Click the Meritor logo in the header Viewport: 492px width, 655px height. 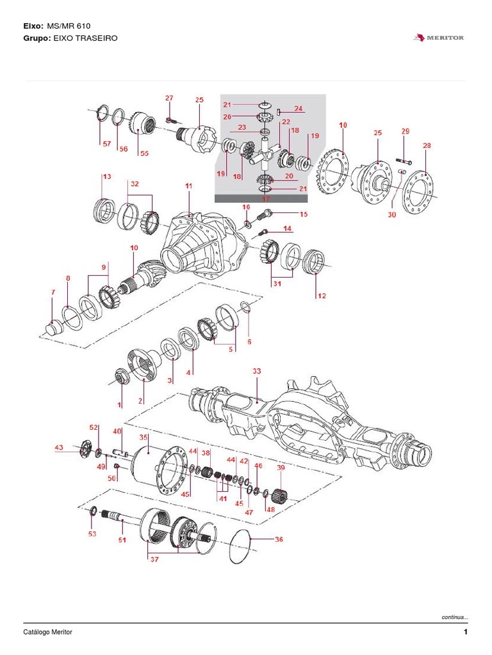tap(439, 38)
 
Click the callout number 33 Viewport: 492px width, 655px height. tap(256, 371)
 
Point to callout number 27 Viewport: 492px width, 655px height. tap(169, 98)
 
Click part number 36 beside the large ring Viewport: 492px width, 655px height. tap(279, 540)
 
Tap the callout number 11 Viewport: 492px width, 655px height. tap(188, 185)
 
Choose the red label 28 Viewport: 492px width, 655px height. tap(427, 146)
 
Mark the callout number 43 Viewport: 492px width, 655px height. tap(59, 448)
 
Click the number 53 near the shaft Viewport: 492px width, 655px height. tap(92, 533)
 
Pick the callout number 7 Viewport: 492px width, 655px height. tap(53, 292)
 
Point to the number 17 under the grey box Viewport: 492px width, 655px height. tap(266, 199)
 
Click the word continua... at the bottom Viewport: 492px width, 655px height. tap(455, 617)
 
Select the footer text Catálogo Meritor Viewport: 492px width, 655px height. tap(48, 633)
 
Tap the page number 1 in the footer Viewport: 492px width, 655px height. tap(466, 633)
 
